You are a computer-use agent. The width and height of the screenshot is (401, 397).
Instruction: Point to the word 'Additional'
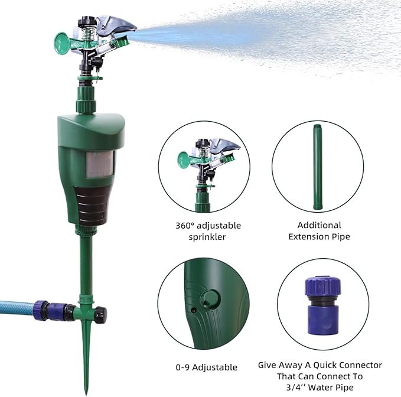pyautogui.click(x=320, y=225)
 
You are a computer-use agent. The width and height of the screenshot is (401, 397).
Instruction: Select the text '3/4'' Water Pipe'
pyautogui.click(x=320, y=386)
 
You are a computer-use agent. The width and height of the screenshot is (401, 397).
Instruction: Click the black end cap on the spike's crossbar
pyautogui.click(x=100, y=311)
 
